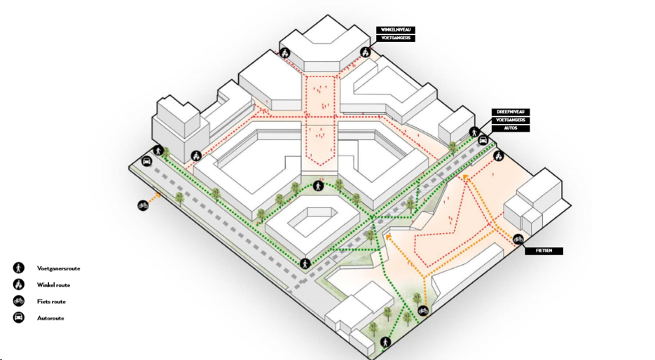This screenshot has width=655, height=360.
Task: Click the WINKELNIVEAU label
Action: coord(396,29)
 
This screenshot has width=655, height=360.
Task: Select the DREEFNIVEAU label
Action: coord(511,112)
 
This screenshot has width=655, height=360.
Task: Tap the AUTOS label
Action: coord(511,129)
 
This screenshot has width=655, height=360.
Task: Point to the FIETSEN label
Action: coord(544,250)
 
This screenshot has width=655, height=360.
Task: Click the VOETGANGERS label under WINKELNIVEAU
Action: coord(396,38)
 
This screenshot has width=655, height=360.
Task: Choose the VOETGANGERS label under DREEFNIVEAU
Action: coord(511,120)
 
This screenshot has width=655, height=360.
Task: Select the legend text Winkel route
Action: coord(54,285)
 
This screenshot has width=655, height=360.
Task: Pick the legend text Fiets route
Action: coord(52,302)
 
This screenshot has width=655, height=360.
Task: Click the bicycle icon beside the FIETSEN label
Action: coord(518,240)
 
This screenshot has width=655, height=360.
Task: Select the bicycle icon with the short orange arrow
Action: coord(143,205)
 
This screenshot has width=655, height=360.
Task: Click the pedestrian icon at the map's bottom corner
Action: coord(386,342)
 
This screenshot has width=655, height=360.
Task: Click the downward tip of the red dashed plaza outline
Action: coord(322,165)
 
